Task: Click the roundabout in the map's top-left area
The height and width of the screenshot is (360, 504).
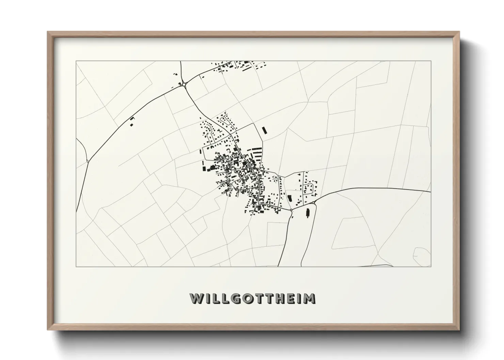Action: pos(184,84)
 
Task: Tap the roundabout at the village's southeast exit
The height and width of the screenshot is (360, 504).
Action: pos(292,211)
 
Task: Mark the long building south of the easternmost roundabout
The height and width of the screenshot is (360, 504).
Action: pos(308,213)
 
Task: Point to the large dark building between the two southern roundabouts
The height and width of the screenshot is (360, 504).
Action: pos(290,198)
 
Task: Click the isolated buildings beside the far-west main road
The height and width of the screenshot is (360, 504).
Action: pos(131,121)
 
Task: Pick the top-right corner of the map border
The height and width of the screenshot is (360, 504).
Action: pos(431,61)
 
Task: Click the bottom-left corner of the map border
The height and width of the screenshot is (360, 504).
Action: pos(76,266)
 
